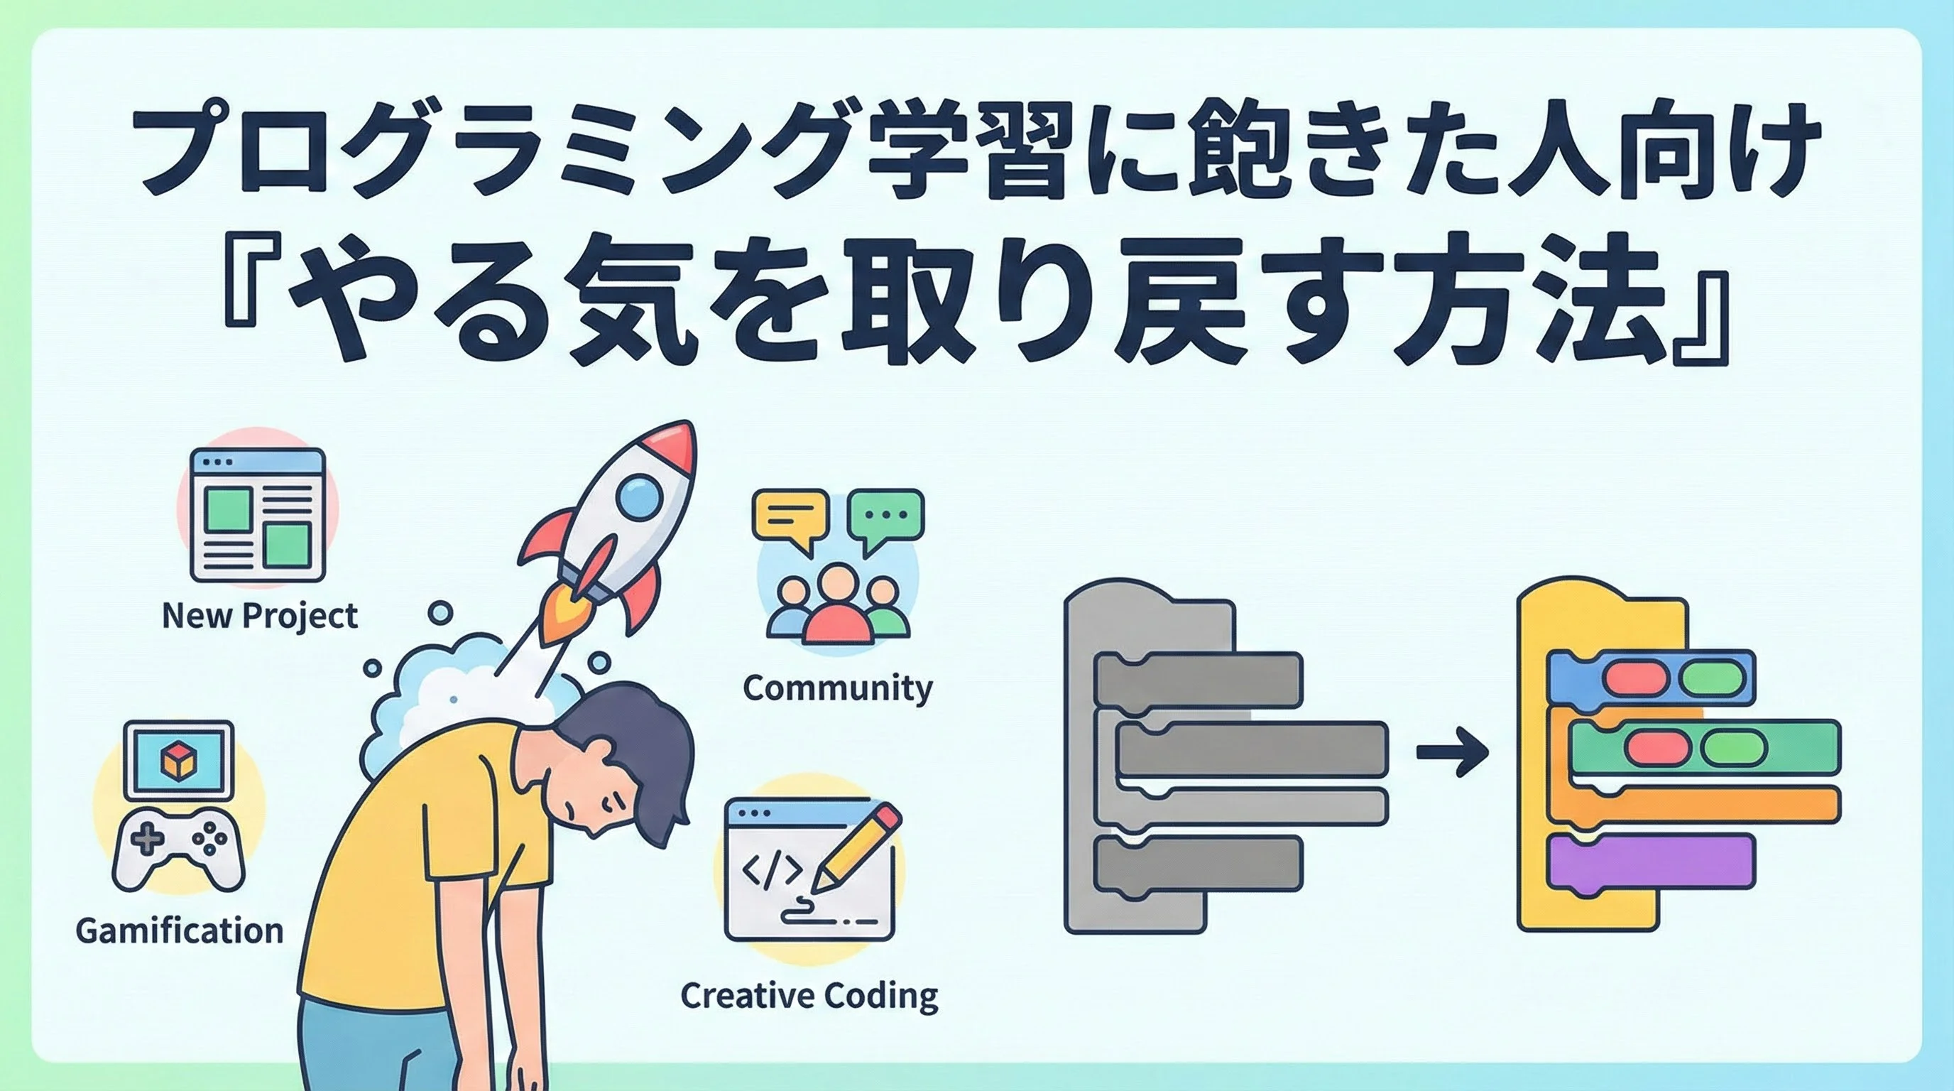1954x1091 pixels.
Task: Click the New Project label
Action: coord(259,616)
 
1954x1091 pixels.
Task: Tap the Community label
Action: coord(837,688)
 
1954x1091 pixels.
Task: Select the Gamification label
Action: coord(179,930)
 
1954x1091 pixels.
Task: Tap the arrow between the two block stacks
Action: coord(1453,752)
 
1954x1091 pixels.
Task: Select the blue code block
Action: coord(1651,678)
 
